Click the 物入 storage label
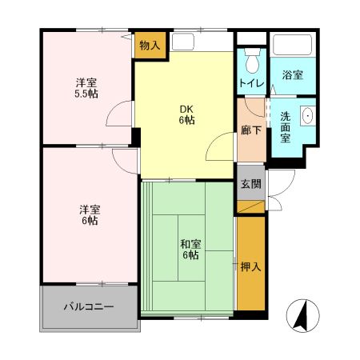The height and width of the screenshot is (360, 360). [150, 45]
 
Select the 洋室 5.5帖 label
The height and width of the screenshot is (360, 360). [87, 88]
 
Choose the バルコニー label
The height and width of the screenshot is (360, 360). [89, 306]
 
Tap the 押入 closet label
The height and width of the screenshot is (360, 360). [250, 266]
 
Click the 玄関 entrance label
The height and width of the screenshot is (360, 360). [250, 183]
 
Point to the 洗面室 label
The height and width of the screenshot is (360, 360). [285, 126]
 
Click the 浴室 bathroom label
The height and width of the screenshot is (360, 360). [292, 75]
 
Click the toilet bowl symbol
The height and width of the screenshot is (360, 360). [252, 62]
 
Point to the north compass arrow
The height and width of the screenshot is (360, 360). [302, 315]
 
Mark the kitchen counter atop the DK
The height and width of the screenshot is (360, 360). [200, 38]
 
